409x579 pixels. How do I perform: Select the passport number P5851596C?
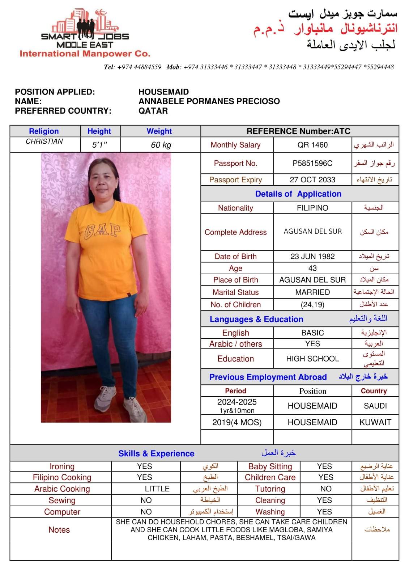312,164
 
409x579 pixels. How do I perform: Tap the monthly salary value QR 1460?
312,145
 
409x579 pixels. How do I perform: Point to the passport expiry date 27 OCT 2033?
312,180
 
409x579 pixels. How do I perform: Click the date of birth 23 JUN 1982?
312,257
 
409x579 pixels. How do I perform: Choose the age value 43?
312,268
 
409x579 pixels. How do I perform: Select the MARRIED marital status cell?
312,292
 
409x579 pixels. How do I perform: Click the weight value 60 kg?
161,145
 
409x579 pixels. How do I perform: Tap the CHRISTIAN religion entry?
44,141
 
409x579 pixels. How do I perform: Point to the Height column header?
99,131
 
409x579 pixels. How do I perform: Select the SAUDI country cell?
375,406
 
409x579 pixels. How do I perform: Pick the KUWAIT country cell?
375,422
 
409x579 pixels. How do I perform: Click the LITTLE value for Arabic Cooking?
157,489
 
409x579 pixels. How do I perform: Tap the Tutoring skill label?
270,489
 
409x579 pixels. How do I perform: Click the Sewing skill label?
62,500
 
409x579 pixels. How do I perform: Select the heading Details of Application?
298,194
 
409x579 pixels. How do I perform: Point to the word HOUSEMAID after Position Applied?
163,92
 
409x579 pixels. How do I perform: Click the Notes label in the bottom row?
59,530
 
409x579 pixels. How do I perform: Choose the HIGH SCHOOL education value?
312,359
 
